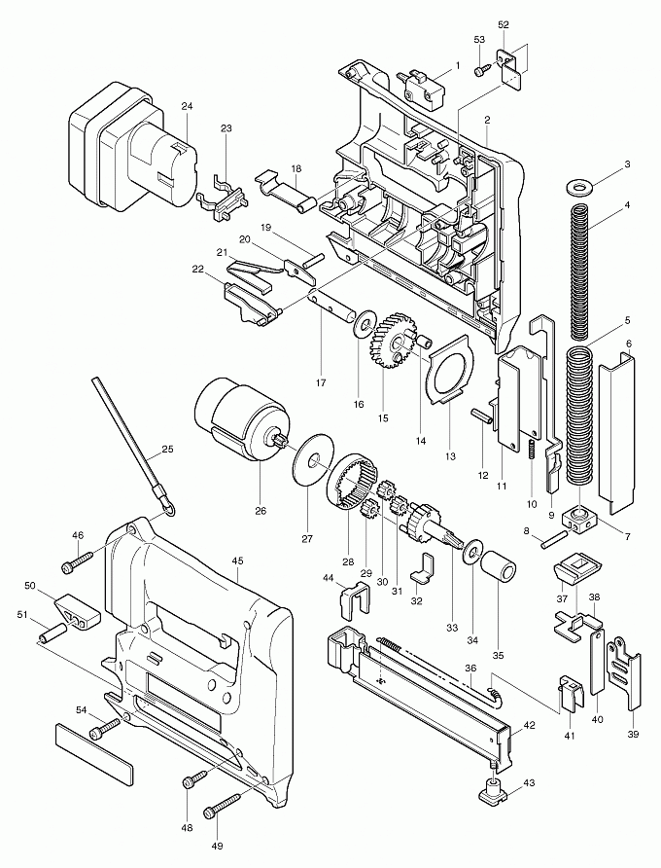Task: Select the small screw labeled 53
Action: coord(482,69)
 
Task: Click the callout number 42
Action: coord(529,724)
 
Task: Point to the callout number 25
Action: coord(167,449)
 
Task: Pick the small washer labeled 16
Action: coord(367,320)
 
